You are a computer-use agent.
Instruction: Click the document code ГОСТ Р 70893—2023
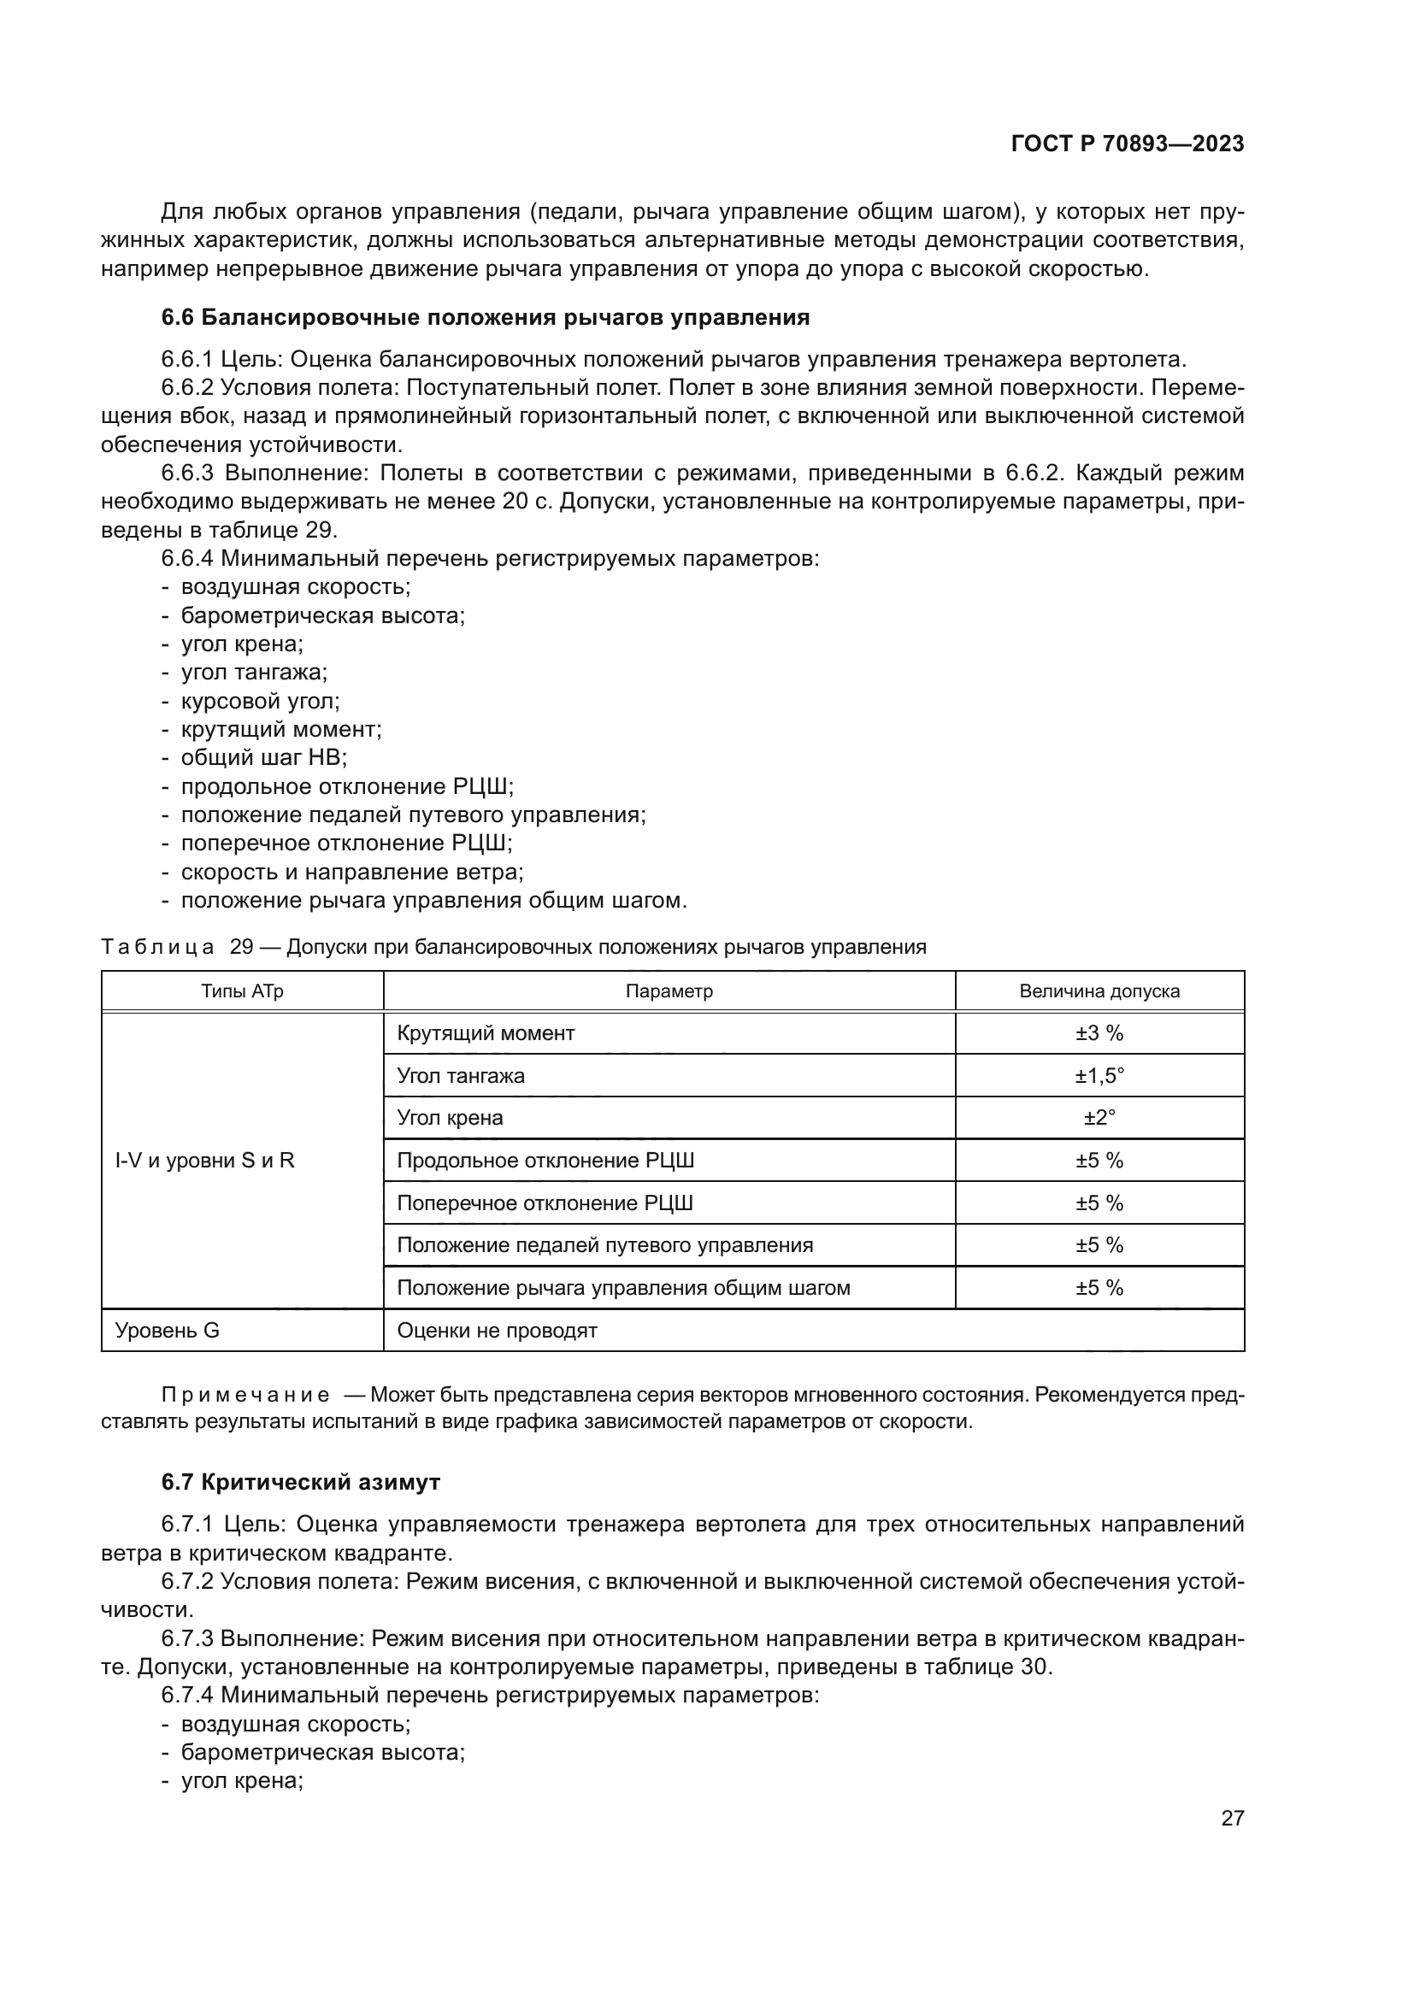1127,144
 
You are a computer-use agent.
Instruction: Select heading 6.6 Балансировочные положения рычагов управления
485,318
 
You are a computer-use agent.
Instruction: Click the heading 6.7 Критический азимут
300,1482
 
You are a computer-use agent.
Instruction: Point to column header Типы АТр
242,991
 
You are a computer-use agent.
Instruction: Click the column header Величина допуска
1099,991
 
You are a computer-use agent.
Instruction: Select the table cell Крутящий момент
486,1033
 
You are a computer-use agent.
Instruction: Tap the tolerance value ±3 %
1099,1033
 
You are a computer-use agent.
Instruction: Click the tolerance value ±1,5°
1099,1076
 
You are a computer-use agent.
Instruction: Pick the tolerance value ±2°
1099,1118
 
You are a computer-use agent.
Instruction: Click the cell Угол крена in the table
451,1118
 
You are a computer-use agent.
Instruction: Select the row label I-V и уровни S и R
204,1161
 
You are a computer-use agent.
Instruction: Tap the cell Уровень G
168,1331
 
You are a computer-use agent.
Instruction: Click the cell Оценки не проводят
498,1331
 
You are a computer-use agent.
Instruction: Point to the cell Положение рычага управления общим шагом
623,1288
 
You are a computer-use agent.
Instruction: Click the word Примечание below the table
245,1396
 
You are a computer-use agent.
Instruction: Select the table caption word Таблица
157,947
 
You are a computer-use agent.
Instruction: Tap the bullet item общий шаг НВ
264,757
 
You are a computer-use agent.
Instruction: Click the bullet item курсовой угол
261,701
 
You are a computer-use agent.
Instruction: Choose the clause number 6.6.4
188,559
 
